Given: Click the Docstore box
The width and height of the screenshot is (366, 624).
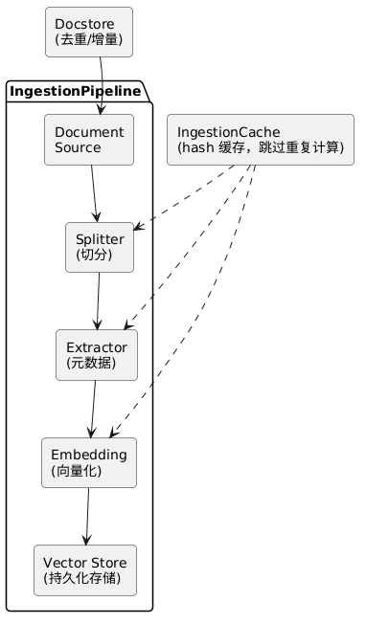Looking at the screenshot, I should [89, 32].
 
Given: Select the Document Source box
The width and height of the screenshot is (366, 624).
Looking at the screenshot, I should [89, 140].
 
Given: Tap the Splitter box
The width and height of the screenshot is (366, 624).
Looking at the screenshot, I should [100, 247].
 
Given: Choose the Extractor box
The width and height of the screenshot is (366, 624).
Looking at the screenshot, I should [96, 354].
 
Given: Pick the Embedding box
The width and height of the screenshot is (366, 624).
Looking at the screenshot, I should [89, 462].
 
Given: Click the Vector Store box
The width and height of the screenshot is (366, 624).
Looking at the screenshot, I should [83, 570].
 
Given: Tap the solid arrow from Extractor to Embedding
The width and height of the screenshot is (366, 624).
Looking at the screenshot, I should [93, 409].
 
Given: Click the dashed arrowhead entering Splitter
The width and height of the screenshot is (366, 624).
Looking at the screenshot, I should [139, 228].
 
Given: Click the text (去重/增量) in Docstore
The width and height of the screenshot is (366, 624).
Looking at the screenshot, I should [89, 40].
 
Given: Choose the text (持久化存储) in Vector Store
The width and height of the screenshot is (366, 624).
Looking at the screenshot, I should [83, 579].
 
